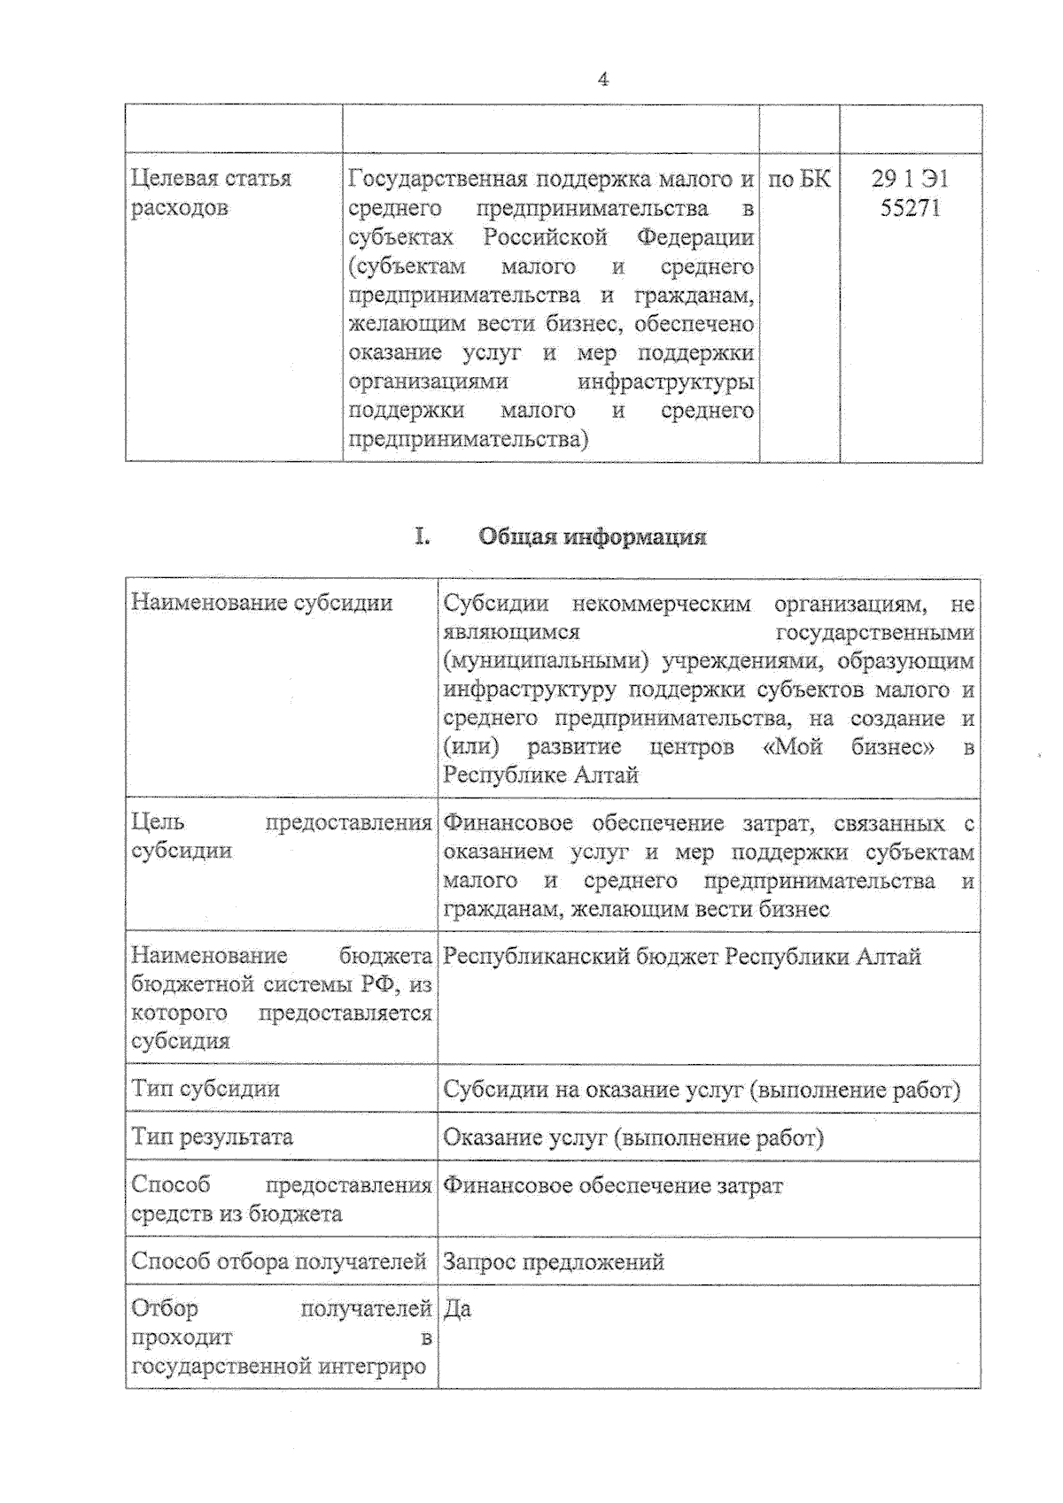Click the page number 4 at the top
click(603, 80)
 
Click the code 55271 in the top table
click(910, 209)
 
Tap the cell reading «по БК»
click(799, 180)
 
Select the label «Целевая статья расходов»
click(211, 193)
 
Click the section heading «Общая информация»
click(592, 536)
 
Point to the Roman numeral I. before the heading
click(423, 536)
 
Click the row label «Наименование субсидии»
click(261, 603)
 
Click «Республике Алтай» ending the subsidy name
click(540, 775)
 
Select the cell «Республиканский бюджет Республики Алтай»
click(682, 957)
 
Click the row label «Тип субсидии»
click(206, 1089)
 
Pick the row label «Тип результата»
click(212, 1137)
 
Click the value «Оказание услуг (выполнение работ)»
click(633, 1137)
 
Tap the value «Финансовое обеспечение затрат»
click(613, 1186)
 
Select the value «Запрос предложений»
click(554, 1261)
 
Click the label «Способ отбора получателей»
click(279, 1261)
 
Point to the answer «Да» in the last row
click(457, 1309)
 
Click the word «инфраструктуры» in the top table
click(665, 382)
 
